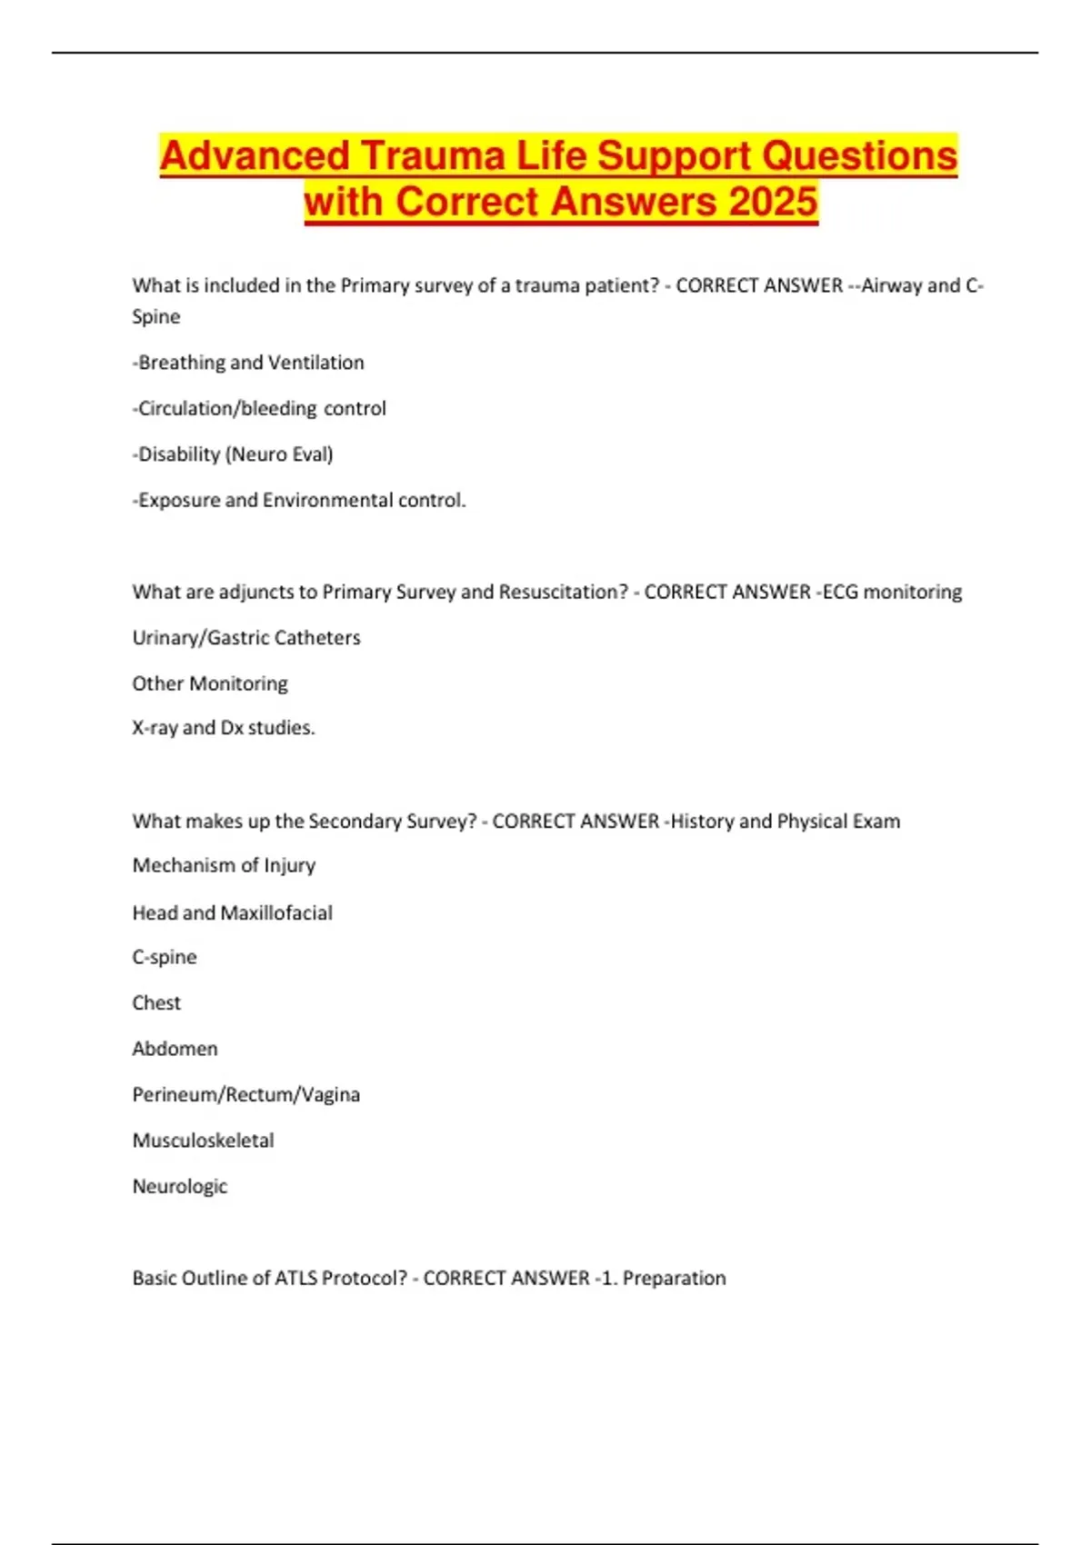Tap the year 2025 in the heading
[773, 202]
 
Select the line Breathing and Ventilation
[248, 363]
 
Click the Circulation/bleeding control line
[259, 409]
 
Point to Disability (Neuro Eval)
[233, 454]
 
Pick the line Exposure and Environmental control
[299, 501]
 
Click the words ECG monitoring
[892, 593]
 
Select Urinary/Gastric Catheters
[246, 638]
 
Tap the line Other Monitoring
[210, 683]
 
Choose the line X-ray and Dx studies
[224, 728]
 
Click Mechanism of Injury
[224, 865]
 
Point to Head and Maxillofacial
[232, 912]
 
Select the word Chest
[156, 1003]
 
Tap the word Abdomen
[175, 1049]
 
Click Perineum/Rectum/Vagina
[245, 1094]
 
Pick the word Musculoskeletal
[203, 1141]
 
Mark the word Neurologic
[180, 1186]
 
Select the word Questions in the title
[859, 155]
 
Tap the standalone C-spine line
[165, 957]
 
